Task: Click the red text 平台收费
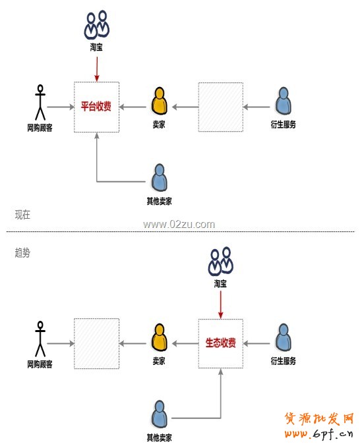coord(96,106)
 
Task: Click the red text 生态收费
coord(220,343)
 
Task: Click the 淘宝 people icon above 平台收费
coord(96,25)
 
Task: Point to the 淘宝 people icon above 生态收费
coord(220,261)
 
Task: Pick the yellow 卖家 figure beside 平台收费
coord(158,101)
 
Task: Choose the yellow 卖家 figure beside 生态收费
coord(158,337)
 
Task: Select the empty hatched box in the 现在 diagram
coord(220,106)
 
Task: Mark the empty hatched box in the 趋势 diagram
coord(96,343)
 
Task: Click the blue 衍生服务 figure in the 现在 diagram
coord(283,101)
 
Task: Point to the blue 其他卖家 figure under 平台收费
coord(159,178)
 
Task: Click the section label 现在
coord(22,215)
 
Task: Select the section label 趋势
coord(22,253)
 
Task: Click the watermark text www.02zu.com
coord(179,224)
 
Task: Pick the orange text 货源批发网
coord(319,418)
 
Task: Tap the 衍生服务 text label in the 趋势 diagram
coord(283,361)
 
